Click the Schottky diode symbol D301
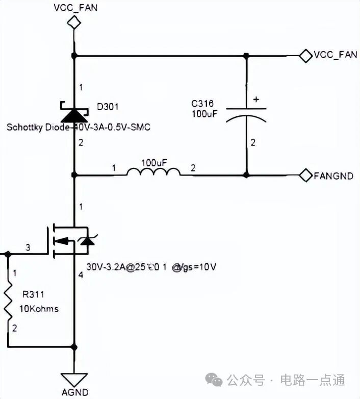pos(74,111)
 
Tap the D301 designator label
pos(108,107)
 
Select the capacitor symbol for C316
pos(246,114)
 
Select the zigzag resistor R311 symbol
pos(8,302)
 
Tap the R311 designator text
pos(34,294)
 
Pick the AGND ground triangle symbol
pos(74,379)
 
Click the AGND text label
pos(75,393)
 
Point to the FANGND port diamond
pos(305,175)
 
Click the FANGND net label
pos(333,176)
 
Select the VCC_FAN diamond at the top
pos(75,21)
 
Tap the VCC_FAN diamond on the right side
pos(305,55)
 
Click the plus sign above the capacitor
pos(256,100)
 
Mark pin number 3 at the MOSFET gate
pos(28,247)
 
